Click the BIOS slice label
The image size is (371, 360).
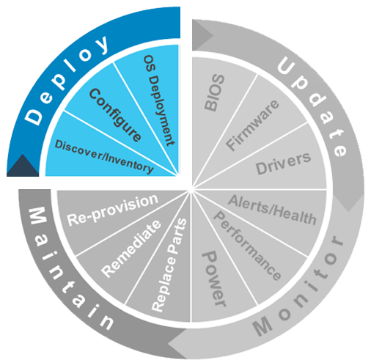(x=214, y=92)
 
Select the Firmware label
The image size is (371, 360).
(x=252, y=125)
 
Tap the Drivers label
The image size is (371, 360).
(x=283, y=164)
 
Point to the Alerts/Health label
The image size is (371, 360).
(x=272, y=210)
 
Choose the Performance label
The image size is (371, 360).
(x=247, y=245)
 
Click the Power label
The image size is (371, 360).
(x=213, y=279)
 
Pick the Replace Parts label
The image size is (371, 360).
(x=169, y=265)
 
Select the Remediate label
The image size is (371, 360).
(x=131, y=249)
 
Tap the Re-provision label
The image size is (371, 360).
(x=113, y=210)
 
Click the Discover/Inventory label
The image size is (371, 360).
(x=104, y=157)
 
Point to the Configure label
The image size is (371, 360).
(x=115, y=115)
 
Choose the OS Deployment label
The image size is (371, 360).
(x=159, y=100)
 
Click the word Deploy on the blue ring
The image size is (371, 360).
(x=67, y=80)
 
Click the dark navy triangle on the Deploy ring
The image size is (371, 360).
(x=23, y=165)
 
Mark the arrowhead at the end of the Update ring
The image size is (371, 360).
(x=349, y=200)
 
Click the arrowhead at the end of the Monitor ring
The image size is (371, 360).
(x=178, y=343)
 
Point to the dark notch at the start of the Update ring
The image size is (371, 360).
(x=202, y=35)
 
